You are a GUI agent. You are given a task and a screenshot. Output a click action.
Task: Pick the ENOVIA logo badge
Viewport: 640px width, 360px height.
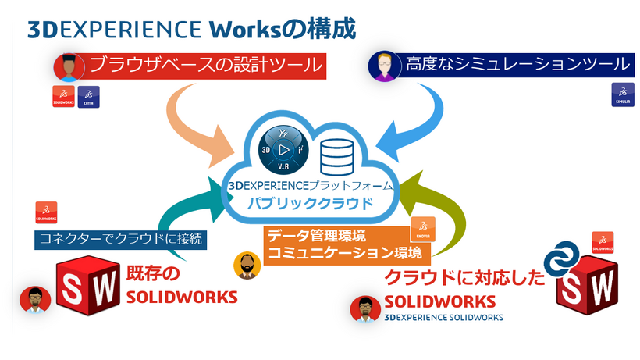tap(421, 227)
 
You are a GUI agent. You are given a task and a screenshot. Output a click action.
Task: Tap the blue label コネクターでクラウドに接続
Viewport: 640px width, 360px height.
tap(120, 239)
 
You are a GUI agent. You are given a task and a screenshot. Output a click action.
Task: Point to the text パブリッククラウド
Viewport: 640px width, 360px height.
tap(310, 203)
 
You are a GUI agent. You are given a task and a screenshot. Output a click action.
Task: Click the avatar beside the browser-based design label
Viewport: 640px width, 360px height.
tap(68, 68)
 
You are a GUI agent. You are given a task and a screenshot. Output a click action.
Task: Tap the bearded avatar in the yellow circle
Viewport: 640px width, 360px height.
tap(247, 265)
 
